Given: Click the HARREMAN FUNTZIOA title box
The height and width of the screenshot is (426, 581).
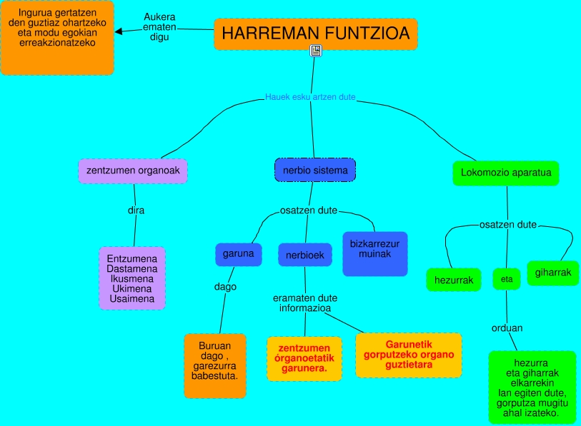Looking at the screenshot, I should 315,34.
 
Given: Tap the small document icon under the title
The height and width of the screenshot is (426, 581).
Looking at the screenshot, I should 316,50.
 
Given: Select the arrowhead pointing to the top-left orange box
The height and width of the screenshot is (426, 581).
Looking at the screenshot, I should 119,31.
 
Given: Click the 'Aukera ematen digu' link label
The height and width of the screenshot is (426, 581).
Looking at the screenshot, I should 159,27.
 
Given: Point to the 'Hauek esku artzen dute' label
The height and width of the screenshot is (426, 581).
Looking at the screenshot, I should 310,97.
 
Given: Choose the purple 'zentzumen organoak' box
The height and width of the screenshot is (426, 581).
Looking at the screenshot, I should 133,171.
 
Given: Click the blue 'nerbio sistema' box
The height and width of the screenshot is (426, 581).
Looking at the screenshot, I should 315,171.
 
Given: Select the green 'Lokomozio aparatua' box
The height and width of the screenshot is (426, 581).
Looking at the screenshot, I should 505,173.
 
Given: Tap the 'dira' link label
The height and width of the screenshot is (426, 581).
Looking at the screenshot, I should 136,211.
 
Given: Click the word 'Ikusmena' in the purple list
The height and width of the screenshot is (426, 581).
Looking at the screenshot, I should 132,278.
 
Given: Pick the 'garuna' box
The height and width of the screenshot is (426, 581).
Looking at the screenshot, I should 238,254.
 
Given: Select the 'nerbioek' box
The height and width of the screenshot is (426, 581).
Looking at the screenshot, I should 305,255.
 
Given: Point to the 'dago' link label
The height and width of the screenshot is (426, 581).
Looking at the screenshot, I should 225,287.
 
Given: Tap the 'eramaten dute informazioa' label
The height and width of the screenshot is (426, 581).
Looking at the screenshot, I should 305,303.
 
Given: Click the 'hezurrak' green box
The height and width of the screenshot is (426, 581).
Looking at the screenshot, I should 454,280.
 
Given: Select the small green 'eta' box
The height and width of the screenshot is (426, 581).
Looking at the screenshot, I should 507,279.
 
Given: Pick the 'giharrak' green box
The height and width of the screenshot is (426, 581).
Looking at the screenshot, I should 553,273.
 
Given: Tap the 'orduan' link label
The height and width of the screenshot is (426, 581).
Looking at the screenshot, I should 507,328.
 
